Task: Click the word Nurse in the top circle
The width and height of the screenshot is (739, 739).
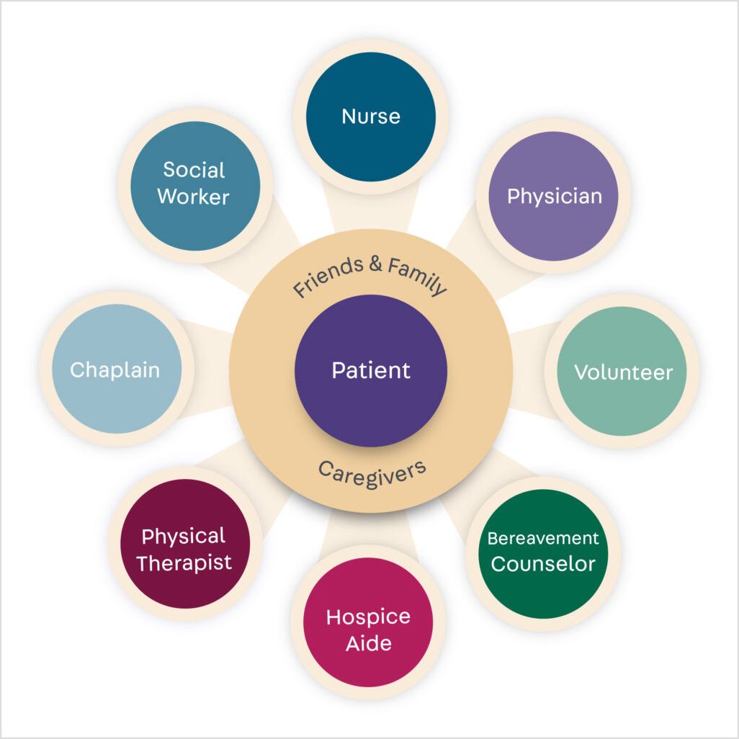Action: point(371,116)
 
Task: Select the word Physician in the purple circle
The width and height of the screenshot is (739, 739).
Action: point(554,196)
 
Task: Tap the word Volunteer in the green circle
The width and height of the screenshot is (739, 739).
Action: point(623,372)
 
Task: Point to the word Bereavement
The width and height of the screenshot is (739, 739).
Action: point(543,538)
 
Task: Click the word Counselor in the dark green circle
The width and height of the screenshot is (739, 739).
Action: point(543,563)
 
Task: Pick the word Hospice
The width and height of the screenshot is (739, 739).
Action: point(368,617)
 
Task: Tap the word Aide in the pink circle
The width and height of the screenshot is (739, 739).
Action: point(368,643)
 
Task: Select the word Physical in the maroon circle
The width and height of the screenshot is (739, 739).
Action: point(183,537)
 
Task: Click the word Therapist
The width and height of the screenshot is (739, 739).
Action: point(184,563)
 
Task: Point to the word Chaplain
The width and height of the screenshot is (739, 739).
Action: point(115,370)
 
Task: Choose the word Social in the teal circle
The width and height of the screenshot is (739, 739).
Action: point(194,170)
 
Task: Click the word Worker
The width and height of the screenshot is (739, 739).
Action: point(193,197)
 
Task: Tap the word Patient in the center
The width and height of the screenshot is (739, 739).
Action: point(371,370)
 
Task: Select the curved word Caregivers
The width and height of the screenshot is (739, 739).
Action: point(372,474)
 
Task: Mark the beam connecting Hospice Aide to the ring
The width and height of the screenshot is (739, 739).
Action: point(369,529)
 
